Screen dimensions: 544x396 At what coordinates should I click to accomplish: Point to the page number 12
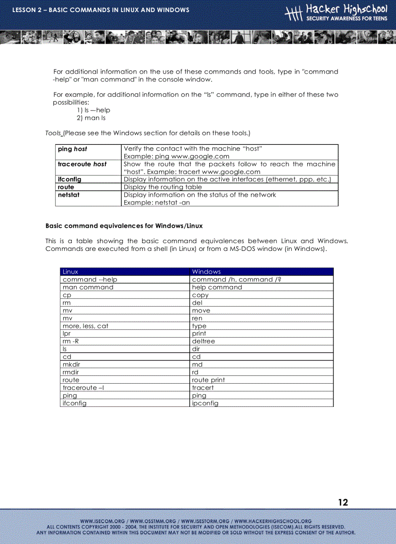coord(343,502)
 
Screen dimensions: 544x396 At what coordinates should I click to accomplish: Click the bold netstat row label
coord(68,195)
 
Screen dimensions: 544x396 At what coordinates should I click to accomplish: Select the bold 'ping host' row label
coord(72,149)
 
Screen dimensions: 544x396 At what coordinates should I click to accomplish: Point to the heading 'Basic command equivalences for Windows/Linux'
coord(124,226)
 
